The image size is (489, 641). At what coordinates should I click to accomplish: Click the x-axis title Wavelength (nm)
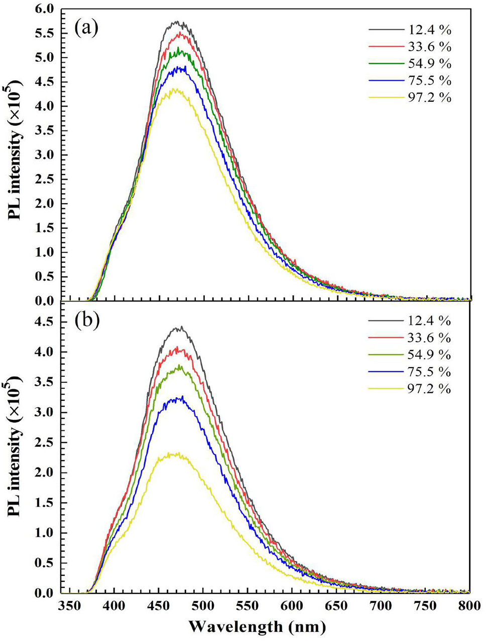pos(257,626)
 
